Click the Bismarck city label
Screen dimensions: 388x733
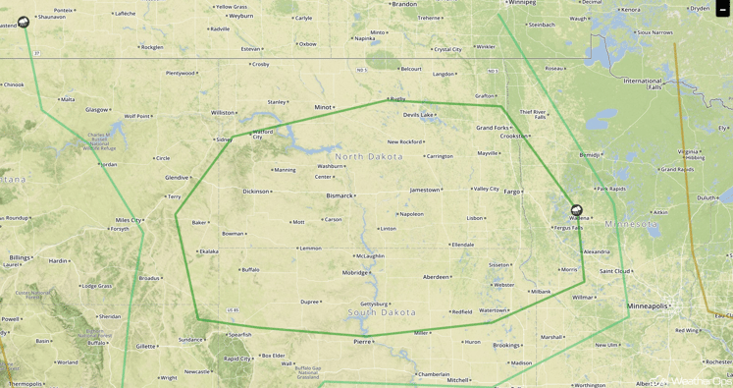coord(339,195)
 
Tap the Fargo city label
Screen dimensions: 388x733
coord(511,192)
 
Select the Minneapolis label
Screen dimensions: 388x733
coord(647,305)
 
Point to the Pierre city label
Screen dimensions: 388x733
coord(362,342)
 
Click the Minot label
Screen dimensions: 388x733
coord(322,107)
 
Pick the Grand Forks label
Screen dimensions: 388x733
coord(493,128)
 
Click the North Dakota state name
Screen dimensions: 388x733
coord(369,156)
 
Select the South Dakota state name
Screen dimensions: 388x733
coord(382,312)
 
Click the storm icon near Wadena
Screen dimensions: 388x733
coord(576,210)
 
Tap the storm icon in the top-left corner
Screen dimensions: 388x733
coord(24,22)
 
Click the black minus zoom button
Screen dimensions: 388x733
coord(723,9)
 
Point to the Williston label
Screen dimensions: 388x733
coord(223,113)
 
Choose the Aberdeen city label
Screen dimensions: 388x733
coord(436,277)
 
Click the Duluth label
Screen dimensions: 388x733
coord(706,197)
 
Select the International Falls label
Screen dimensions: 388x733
coord(643,83)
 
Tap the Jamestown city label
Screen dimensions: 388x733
coord(424,190)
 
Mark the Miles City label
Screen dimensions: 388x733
coord(129,220)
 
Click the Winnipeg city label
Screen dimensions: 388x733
coord(521,2)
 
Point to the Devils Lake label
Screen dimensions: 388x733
coord(417,115)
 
